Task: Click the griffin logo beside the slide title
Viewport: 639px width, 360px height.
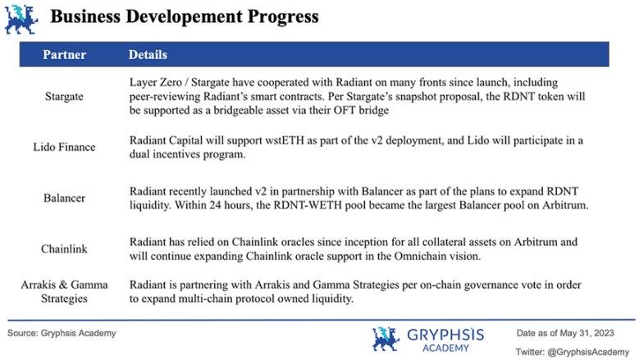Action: pyautogui.click(x=21, y=19)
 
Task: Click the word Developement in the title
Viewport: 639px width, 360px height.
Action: pyautogui.click(x=184, y=17)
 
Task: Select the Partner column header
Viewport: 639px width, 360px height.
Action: pyautogui.click(x=64, y=55)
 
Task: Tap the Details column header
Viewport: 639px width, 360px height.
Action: pyautogui.click(x=148, y=55)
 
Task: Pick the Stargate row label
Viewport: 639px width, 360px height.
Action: pyautogui.click(x=64, y=97)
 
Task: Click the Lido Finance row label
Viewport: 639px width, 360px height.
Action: pyautogui.click(x=64, y=147)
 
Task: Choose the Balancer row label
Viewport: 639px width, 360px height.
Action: pyautogui.click(x=64, y=198)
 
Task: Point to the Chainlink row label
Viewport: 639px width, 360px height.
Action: pyautogui.click(x=64, y=248)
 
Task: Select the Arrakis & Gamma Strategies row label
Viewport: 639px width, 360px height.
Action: pyautogui.click(x=64, y=292)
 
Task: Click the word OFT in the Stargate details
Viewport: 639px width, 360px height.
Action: pyautogui.click(x=345, y=111)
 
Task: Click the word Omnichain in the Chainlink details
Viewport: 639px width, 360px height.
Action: pyautogui.click(x=419, y=256)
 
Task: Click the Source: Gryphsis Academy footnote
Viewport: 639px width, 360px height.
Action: pyautogui.click(x=62, y=333)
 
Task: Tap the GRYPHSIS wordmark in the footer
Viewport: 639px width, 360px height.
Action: pyautogui.click(x=445, y=335)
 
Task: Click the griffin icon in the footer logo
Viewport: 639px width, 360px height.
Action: pyautogui.click(x=385, y=339)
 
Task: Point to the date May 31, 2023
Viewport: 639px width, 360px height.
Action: pyautogui.click(x=587, y=333)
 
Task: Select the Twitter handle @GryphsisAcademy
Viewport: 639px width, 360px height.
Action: pyautogui.click(x=588, y=352)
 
